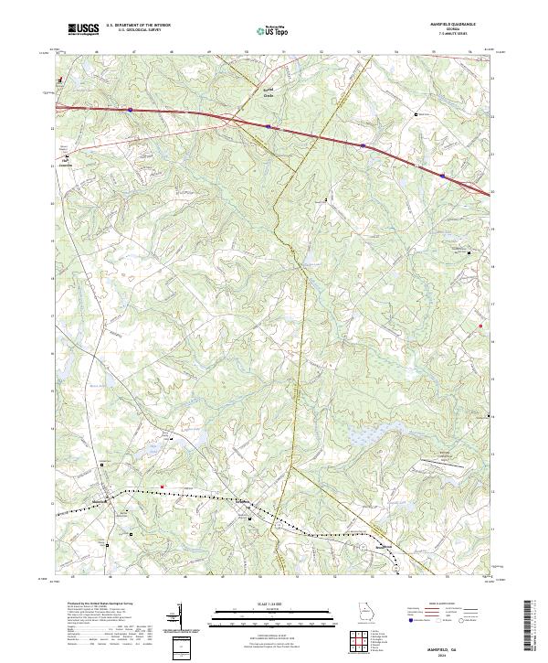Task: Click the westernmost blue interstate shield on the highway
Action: (131, 109)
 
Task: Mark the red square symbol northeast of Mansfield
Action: (162, 486)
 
